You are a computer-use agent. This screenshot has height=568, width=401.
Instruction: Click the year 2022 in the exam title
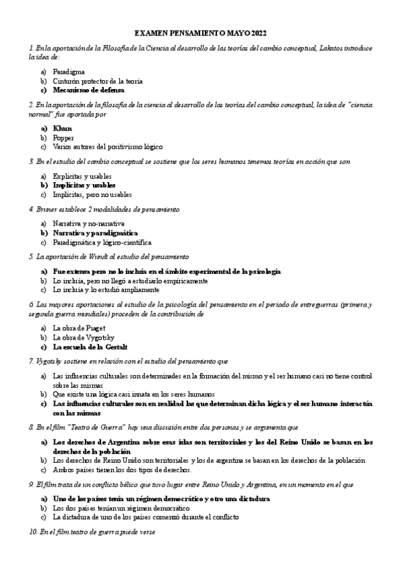click(x=257, y=32)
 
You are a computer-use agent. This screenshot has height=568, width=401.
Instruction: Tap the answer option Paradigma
click(x=68, y=72)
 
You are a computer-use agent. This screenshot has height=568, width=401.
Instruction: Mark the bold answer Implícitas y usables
click(x=84, y=185)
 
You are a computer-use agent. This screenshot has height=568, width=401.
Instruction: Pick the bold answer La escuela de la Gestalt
click(x=90, y=347)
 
